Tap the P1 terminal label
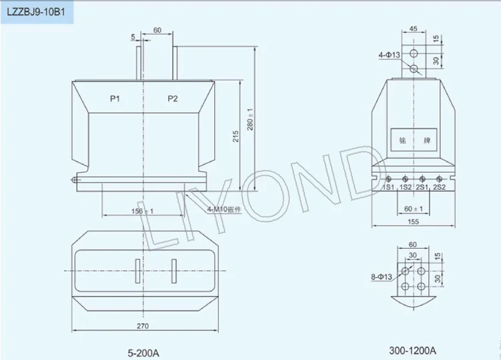pyautogui.click(x=115, y=99)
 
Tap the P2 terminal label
pyautogui.click(x=173, y=99)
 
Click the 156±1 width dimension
pyautogui.click(x=142, y=211)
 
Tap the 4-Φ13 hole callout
pyautogui.click(x=389, y=55)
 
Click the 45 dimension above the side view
pyautogui.click(x=414, y=28)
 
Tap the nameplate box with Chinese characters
pyautogui.click(x=414, y=141)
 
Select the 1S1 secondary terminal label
pyautogui.click(x=389, y=187)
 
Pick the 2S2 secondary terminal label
pyautogui.click(x=440, y=187)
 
